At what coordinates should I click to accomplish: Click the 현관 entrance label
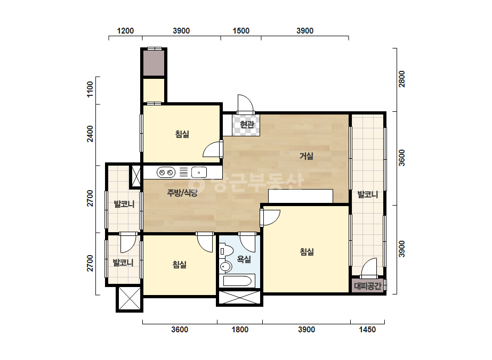[x=247, y=125]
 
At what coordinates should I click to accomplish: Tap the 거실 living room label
[x=307, y=156]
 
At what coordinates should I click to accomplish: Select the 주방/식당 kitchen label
[x=182, y=193]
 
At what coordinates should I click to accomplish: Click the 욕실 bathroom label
[x=244, y=259]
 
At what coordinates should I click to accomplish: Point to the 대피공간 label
[x=368, y=286]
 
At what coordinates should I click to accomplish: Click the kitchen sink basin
[x=199, y=173]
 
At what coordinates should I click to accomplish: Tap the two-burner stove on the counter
[x=166, y=173]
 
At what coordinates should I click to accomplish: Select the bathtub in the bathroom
[x=239, y=281]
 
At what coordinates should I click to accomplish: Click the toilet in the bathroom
[x=226, y=251]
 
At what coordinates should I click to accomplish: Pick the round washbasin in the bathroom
[x=225, y=267]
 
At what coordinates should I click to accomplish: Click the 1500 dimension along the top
[x=241, y=31]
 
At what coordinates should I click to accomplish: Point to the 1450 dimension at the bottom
[x=367, y=330]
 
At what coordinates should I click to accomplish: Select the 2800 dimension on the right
[x=401, y=79]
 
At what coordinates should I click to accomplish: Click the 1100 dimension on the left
[x=90, y=89]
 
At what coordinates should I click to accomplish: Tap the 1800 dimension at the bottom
[x=240, y=330]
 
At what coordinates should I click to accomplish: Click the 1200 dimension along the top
[x=125, y=31]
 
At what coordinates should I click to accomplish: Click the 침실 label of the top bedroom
[x=182, y=135]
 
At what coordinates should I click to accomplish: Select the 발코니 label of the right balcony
[x=368, y=194]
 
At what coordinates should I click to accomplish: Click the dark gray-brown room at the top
[x=154, y=63]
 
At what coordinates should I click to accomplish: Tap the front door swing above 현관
[x=245, y=103]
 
